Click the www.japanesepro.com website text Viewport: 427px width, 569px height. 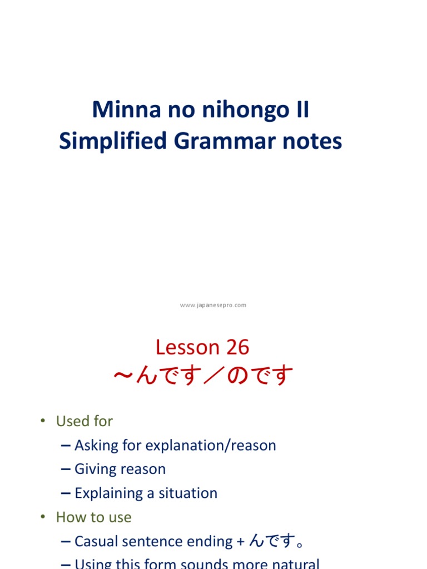coord(213,305)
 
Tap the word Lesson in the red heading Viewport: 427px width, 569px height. coord(187,347)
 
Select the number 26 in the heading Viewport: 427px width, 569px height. coord(237,347)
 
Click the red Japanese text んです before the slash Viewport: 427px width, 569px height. coord(167,376)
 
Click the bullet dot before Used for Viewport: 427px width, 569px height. coord(42,421)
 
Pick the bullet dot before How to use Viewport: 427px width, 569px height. coord(42,517)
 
